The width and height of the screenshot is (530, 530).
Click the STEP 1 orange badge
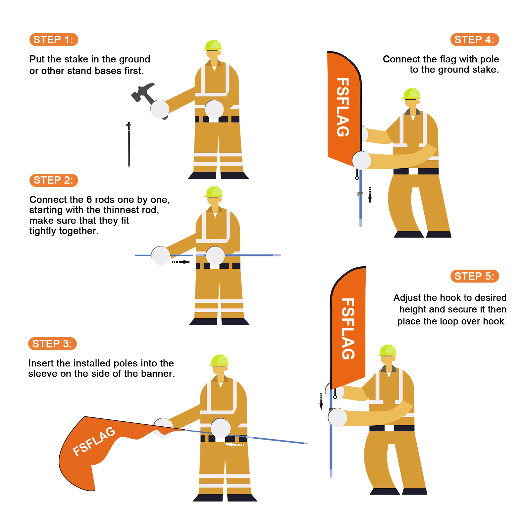pos(54,40)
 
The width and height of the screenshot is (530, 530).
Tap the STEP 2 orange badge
pos(54,180)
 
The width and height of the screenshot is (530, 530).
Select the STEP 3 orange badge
pos(52,344)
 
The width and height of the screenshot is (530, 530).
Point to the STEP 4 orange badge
pos(475,40)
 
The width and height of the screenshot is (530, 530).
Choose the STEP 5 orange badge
pos(475,276)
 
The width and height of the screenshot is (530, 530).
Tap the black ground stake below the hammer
pos(129,145)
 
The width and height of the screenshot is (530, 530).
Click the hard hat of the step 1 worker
pos(213,45)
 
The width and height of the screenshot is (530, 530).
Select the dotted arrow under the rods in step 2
pos(181,262)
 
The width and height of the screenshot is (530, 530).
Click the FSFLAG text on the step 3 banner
pos(94,441)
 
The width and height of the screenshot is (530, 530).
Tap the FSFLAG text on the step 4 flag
pos(343,107)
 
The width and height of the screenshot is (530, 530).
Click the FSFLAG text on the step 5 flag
pos(348,329)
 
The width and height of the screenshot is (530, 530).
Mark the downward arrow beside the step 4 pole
pos(370,196)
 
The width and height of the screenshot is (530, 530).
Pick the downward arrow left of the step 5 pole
pos(321,401)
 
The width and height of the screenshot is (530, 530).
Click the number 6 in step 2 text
pos(89,199)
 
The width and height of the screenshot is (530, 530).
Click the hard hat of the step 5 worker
pos(388,350)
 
